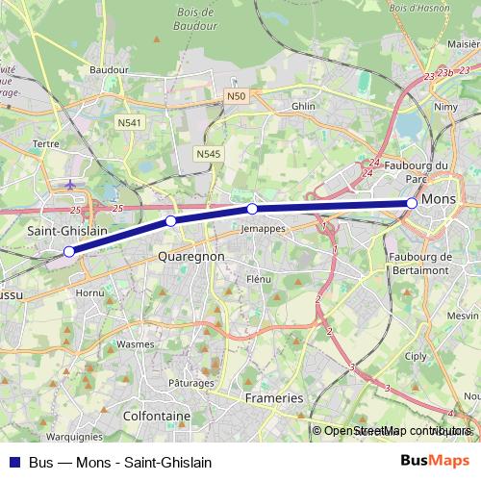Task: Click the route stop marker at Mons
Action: click(x=412, y=203)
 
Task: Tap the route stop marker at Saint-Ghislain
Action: click(x=69, y=252)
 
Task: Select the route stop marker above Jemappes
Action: click(x=251, y=209)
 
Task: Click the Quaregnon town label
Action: click(x=190, y=257)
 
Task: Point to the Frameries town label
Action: click(x=274, y=397)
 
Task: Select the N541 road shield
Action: click(x=128, y=123)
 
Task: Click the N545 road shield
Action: click(x=207, y=154)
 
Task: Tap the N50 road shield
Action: click(x=237, y=96)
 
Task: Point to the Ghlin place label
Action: click(x=303, y=107)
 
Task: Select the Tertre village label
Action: click(x=46, y=143)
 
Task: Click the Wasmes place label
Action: click(x=134, y=343)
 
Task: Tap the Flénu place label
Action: click(x=259, y=280)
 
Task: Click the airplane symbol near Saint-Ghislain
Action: click(x=70, y=183)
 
